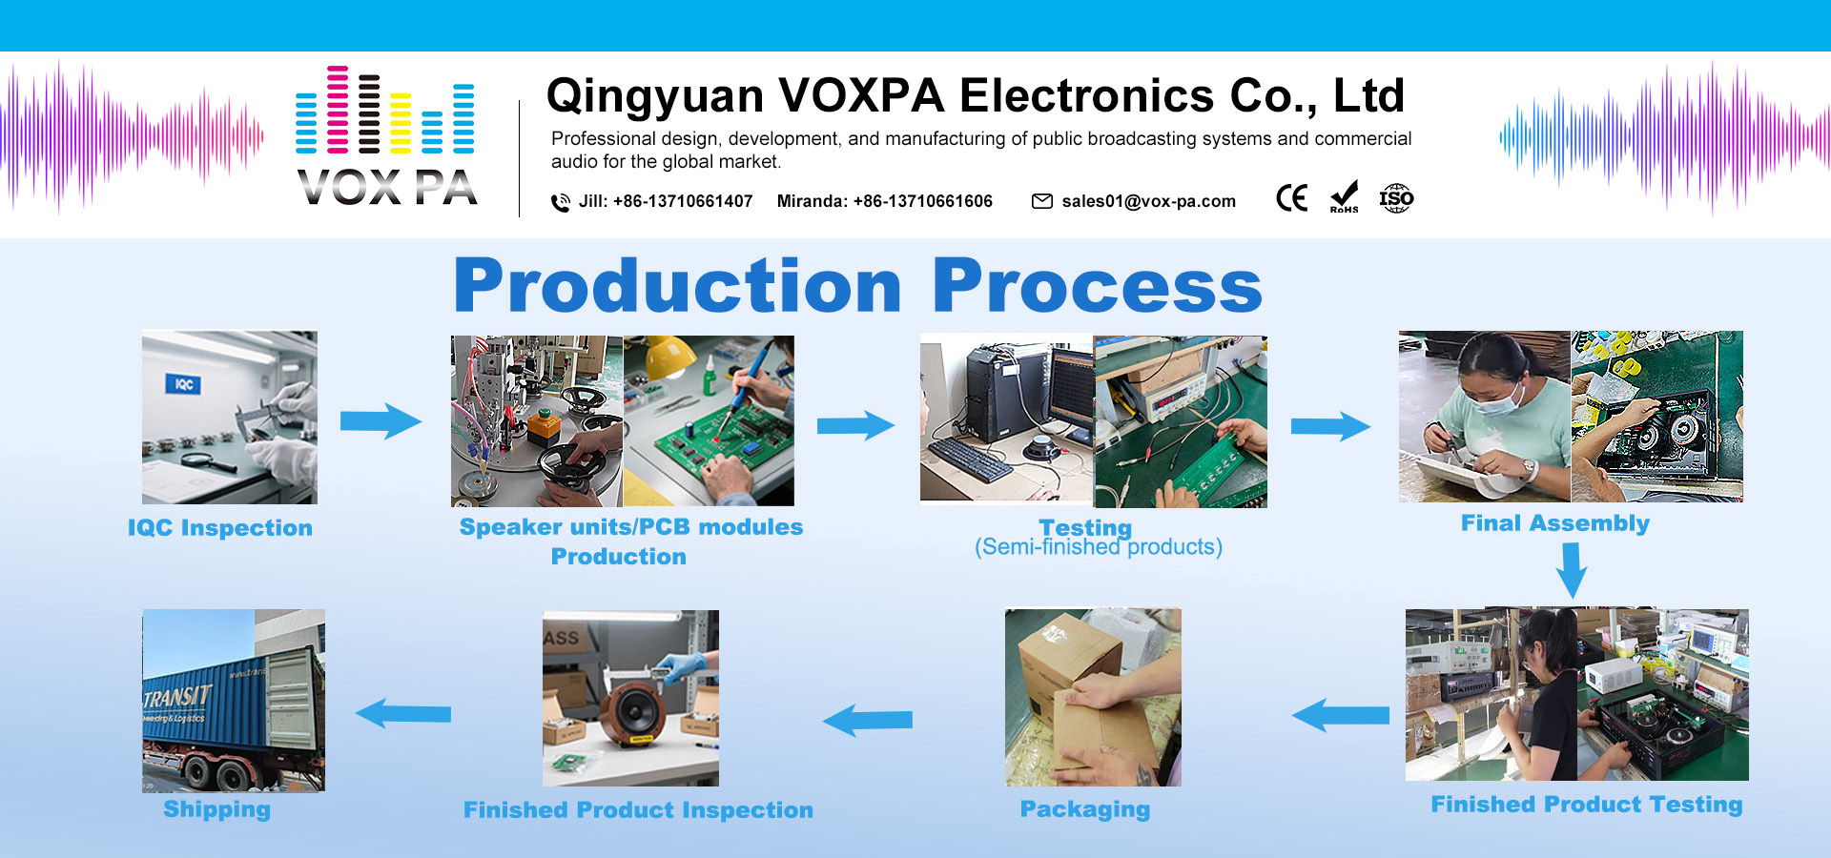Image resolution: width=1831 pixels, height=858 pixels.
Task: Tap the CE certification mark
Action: click(x=1292, y=198)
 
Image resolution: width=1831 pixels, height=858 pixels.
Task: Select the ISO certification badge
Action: click(x=1396, y=198)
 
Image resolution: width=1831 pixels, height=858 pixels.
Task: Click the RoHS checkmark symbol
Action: click(x=1344, y=197)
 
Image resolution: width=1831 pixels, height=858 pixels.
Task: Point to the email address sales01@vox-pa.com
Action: click(x=1148, y=201)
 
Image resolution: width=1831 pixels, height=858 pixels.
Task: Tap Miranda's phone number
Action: click(x=922, y=201)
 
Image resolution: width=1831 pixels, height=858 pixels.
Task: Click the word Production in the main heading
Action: click(x=677, y=285)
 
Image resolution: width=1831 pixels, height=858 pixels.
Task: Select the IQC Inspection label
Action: click(x=220, y=528)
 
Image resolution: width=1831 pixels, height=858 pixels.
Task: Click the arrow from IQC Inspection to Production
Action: click(x=381, y=420)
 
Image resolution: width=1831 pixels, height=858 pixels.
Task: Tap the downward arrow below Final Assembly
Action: click(x=1571, y=570)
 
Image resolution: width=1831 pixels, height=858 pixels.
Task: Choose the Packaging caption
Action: click(x=1085, y=809)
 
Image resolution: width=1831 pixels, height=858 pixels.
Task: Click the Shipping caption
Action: click(x=216, y=809)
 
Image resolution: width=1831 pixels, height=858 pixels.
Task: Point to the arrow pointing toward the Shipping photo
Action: click(x=402, y=713)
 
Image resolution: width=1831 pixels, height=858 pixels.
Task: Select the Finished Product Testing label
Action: click(x=1587, y=805)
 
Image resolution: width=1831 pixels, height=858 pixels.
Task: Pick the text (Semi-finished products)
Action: click(x=1099, y=547)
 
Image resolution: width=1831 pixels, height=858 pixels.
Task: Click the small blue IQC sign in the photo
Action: click(x=183, y=384)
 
